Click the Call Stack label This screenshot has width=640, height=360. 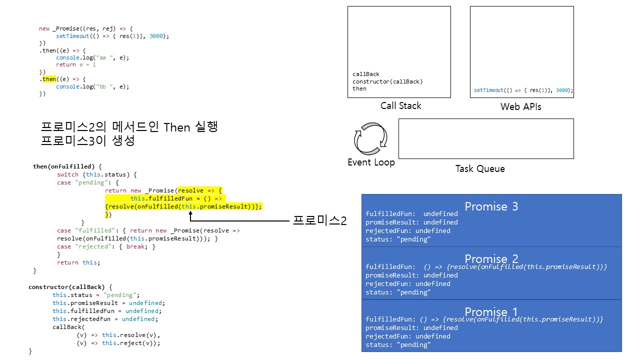(400, 106)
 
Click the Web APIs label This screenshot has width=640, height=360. (520, 107)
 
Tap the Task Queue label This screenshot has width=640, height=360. (480, 169)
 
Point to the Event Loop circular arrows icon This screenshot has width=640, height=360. (371, 137)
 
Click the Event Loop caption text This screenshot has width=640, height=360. (371, 162)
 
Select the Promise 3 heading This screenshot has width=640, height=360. (491, 206)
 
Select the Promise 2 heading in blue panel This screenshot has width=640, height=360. (491, 259)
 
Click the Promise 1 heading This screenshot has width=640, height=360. (491, 311)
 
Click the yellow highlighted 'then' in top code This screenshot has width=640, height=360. (49, 79)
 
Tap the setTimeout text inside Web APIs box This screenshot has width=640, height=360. (523, 90)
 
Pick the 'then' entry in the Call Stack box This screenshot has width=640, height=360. (359, 88)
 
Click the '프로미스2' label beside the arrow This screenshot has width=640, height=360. (319, 220)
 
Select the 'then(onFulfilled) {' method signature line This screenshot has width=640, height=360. (67, 166)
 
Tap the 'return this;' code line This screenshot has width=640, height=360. (78, 262)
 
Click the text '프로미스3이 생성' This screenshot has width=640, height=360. (88, 141)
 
